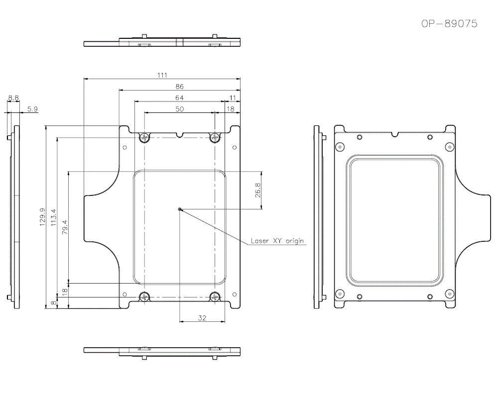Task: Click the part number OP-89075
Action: (449, 24)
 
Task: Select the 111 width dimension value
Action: (162, 75)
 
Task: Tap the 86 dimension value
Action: (179, 86)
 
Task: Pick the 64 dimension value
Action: (179, 98)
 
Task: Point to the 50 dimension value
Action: (179, 109)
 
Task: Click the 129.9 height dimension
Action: (42, 217)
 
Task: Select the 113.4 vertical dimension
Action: (53, 217)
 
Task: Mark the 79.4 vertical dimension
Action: (65, 227)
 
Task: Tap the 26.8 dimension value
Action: (257, 190)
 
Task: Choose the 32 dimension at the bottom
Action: (202, 317)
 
